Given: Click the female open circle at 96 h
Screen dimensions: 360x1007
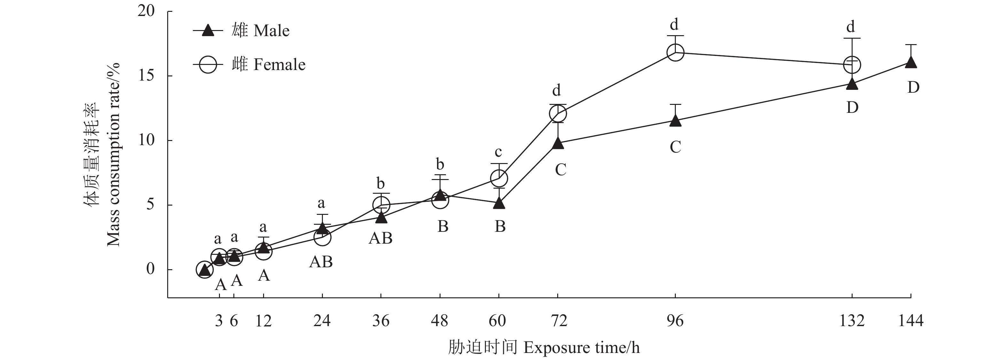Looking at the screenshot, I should [x=675, y=52].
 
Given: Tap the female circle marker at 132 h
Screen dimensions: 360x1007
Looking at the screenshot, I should [x=852, y=65].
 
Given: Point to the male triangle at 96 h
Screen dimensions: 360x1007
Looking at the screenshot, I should [x=675, y=121].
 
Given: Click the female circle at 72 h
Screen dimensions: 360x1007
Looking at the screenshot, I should [x=558, y=114].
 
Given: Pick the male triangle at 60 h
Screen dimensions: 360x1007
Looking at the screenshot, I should [x=499, y=204].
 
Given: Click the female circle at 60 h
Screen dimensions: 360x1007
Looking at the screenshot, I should [x=499, y=178].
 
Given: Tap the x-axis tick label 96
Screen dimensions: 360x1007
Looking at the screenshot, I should [x=675, y=321].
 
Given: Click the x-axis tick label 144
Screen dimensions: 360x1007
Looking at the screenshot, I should [x=911, y=321].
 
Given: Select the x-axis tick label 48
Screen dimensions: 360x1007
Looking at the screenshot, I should [x=440, y=321].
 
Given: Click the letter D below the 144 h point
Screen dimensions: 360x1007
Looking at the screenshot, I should [x=913, y=88].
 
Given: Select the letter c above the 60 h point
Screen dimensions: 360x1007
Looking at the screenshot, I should [x=498, y=152].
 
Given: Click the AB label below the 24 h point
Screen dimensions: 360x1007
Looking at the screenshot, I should [x=321, y=262].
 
